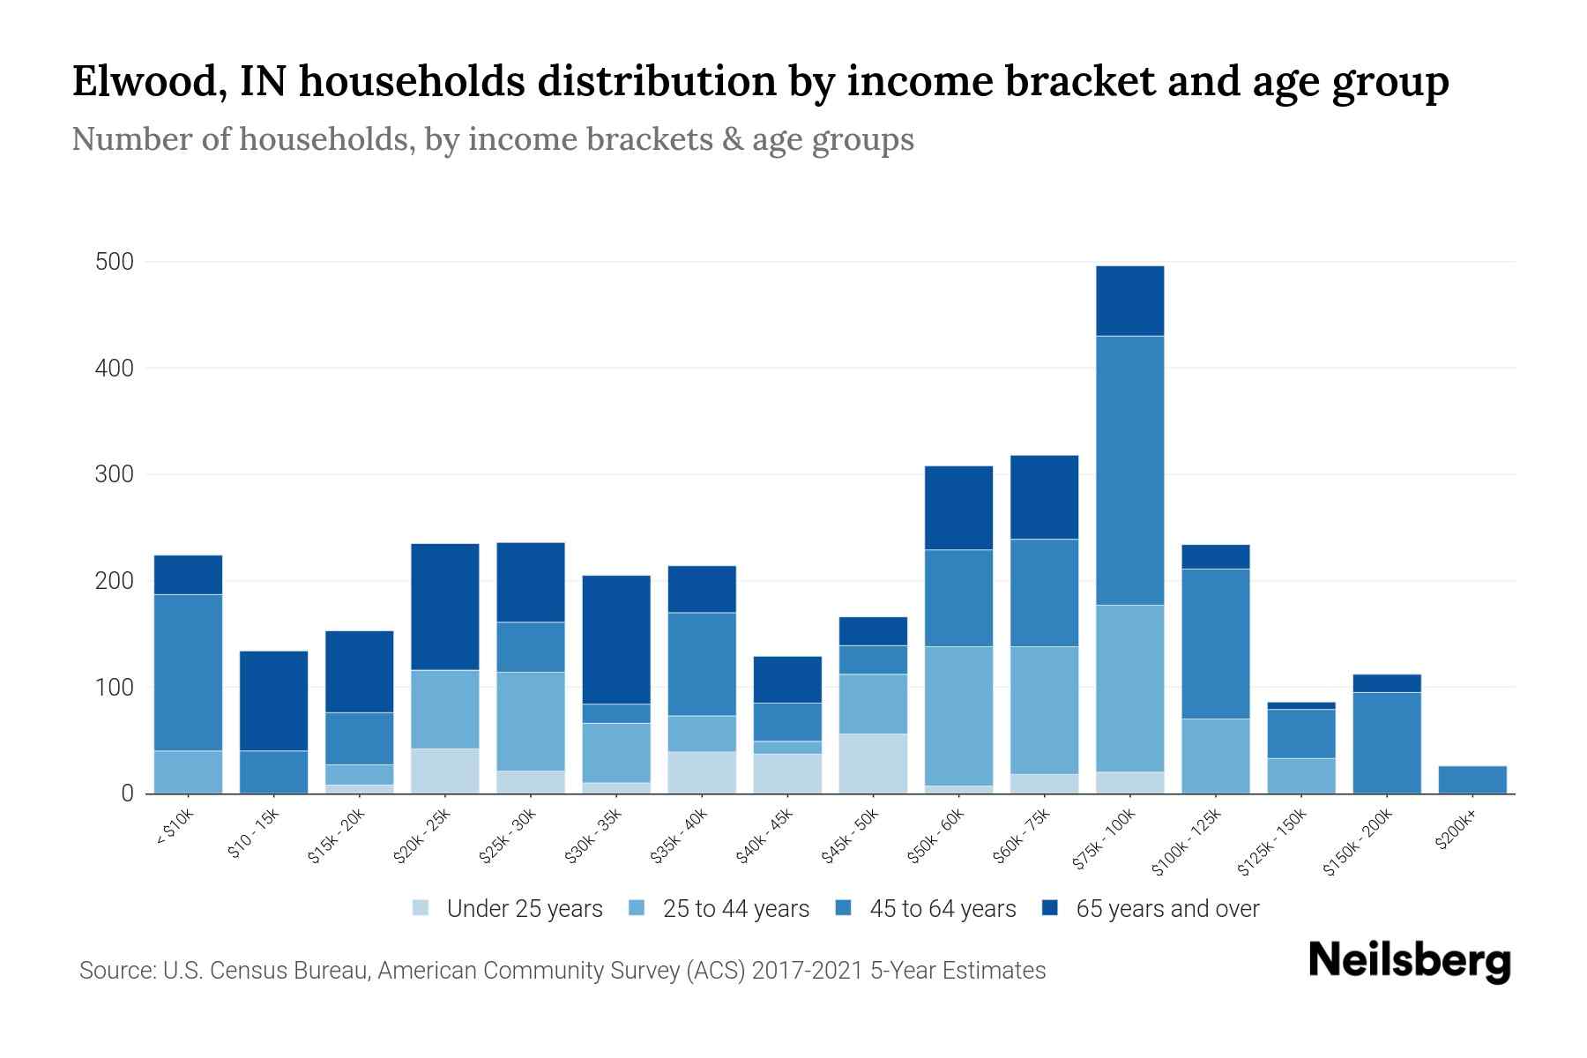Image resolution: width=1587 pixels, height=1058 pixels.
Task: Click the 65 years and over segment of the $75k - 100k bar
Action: (x=1129, y=301)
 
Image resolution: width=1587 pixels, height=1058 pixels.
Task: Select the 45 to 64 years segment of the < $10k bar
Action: (x=188, y=673)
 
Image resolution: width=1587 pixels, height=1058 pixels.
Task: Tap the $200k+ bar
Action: (x=1472, y=779)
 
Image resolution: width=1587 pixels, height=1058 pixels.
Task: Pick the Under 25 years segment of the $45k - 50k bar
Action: (x=873, y=764)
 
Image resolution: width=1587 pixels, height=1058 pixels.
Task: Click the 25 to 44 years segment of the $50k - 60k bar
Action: (x=958, y=716)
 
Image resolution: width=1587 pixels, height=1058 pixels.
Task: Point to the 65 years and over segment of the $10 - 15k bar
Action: (x=273, y=701)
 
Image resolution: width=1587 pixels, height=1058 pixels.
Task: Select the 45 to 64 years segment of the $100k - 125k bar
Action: (x=1215, y=644)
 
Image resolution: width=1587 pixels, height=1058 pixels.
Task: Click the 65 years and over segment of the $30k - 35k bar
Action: (x=616, y=639)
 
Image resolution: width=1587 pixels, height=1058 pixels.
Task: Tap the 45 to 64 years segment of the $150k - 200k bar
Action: (x=1387, y=742)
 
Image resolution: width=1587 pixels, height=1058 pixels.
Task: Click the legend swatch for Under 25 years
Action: (x=421, y=908)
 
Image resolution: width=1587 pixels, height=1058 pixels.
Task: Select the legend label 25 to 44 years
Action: (x=735, y=908)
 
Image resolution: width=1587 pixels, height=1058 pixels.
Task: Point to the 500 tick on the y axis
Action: (x=115, y=262)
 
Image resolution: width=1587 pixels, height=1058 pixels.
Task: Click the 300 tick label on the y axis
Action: (x=115, y=474)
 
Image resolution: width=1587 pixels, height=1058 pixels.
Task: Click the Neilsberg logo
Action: (x=1409, y=961)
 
